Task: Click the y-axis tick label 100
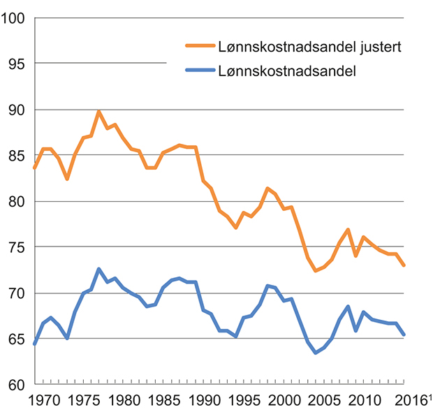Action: pyautogui.click(x=15, y=18)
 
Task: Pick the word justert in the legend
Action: pyautogui.click(x=383, y=47)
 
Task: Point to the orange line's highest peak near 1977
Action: pyautogui.click(x=99, y=112)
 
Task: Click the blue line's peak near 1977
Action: pyautogui.click(x=99, y=269)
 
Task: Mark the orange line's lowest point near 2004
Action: pyautogui.click(x=316, y=271)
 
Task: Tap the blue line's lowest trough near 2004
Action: pyautogui.click(x=316, y=353)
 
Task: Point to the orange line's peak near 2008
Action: pyautogui.click(x=348, y=230)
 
